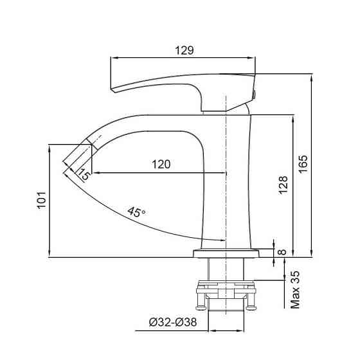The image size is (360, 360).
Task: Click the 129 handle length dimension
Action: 184,50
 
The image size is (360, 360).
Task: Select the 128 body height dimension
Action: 283,185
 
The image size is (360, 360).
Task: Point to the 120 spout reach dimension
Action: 161,164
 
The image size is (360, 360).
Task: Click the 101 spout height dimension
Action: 42,200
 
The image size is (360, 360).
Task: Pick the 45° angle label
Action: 136,212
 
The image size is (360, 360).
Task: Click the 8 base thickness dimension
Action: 282,252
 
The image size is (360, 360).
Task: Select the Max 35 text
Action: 295,290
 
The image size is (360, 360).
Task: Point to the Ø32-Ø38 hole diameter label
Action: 173,322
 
